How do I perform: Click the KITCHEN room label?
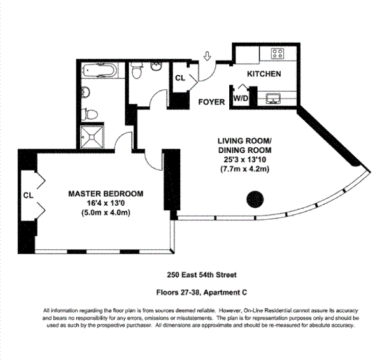264,74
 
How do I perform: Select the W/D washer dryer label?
241,99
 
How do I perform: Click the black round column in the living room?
255,199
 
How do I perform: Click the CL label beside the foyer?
180,79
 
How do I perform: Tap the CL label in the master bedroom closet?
27,194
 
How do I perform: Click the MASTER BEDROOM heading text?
106,194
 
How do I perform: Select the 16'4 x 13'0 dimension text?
106,203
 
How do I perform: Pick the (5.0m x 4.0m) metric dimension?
106,213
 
